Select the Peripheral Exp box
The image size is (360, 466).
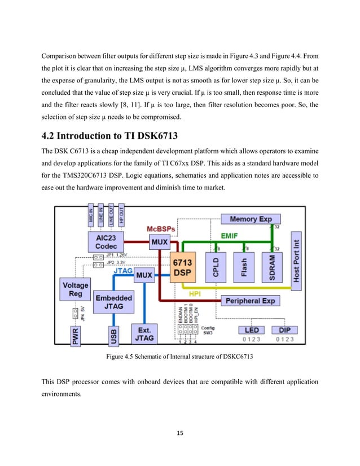(x=250, y=301)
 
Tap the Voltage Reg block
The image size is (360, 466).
(x=75, y=289)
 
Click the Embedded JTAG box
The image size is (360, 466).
(x=114, y=302)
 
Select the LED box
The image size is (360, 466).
(x=248, y=329)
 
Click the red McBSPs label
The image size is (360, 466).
(x=163, y=229)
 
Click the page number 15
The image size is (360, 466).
(x=180, y=433)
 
